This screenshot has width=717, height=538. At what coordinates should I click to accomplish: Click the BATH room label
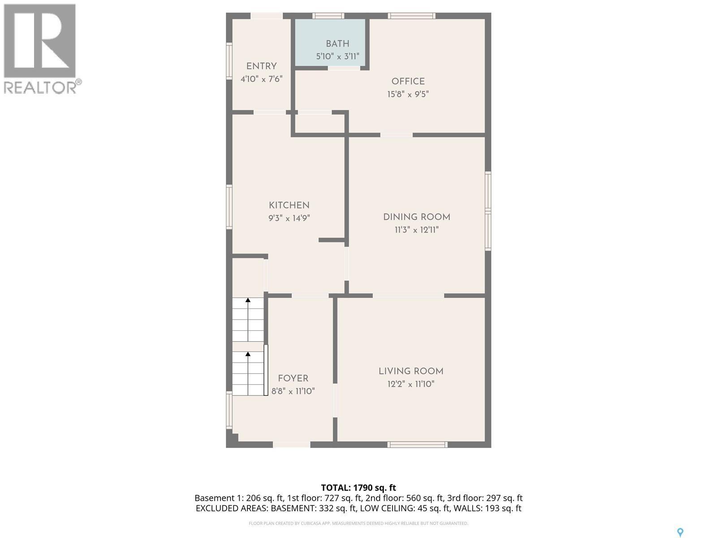point(337,44)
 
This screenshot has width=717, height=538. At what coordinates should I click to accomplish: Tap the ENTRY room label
point(261,66)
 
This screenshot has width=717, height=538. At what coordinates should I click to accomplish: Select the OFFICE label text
point(408,82)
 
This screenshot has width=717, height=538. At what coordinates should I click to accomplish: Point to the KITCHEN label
point(289,205)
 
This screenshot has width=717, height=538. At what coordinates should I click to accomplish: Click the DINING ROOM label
point(416,217)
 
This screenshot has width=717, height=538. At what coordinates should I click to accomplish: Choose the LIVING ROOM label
point(411,371)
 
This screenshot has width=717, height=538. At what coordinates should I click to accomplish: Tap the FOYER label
point(293,378)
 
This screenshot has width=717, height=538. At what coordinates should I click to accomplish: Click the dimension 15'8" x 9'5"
point(408,95)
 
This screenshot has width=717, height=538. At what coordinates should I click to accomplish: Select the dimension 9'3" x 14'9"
point(289,218)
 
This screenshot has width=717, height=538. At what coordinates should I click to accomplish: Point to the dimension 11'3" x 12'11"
point(416,230)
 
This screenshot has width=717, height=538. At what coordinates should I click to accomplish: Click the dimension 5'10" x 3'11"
point(337,56)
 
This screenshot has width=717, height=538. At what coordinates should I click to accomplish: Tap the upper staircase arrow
point(248,300)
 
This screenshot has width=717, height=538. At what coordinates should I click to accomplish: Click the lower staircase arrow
point(248,354)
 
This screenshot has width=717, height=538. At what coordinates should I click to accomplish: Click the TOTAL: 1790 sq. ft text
point(358,488)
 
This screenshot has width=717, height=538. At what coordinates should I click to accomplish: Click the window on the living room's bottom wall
point(417,444)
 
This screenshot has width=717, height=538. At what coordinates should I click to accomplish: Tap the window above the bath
point(328,16)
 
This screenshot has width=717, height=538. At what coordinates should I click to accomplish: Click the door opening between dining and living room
point(408,295)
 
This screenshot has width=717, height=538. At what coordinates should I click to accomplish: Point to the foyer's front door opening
point(291,444)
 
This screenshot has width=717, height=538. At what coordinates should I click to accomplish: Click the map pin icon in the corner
point(680,533)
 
